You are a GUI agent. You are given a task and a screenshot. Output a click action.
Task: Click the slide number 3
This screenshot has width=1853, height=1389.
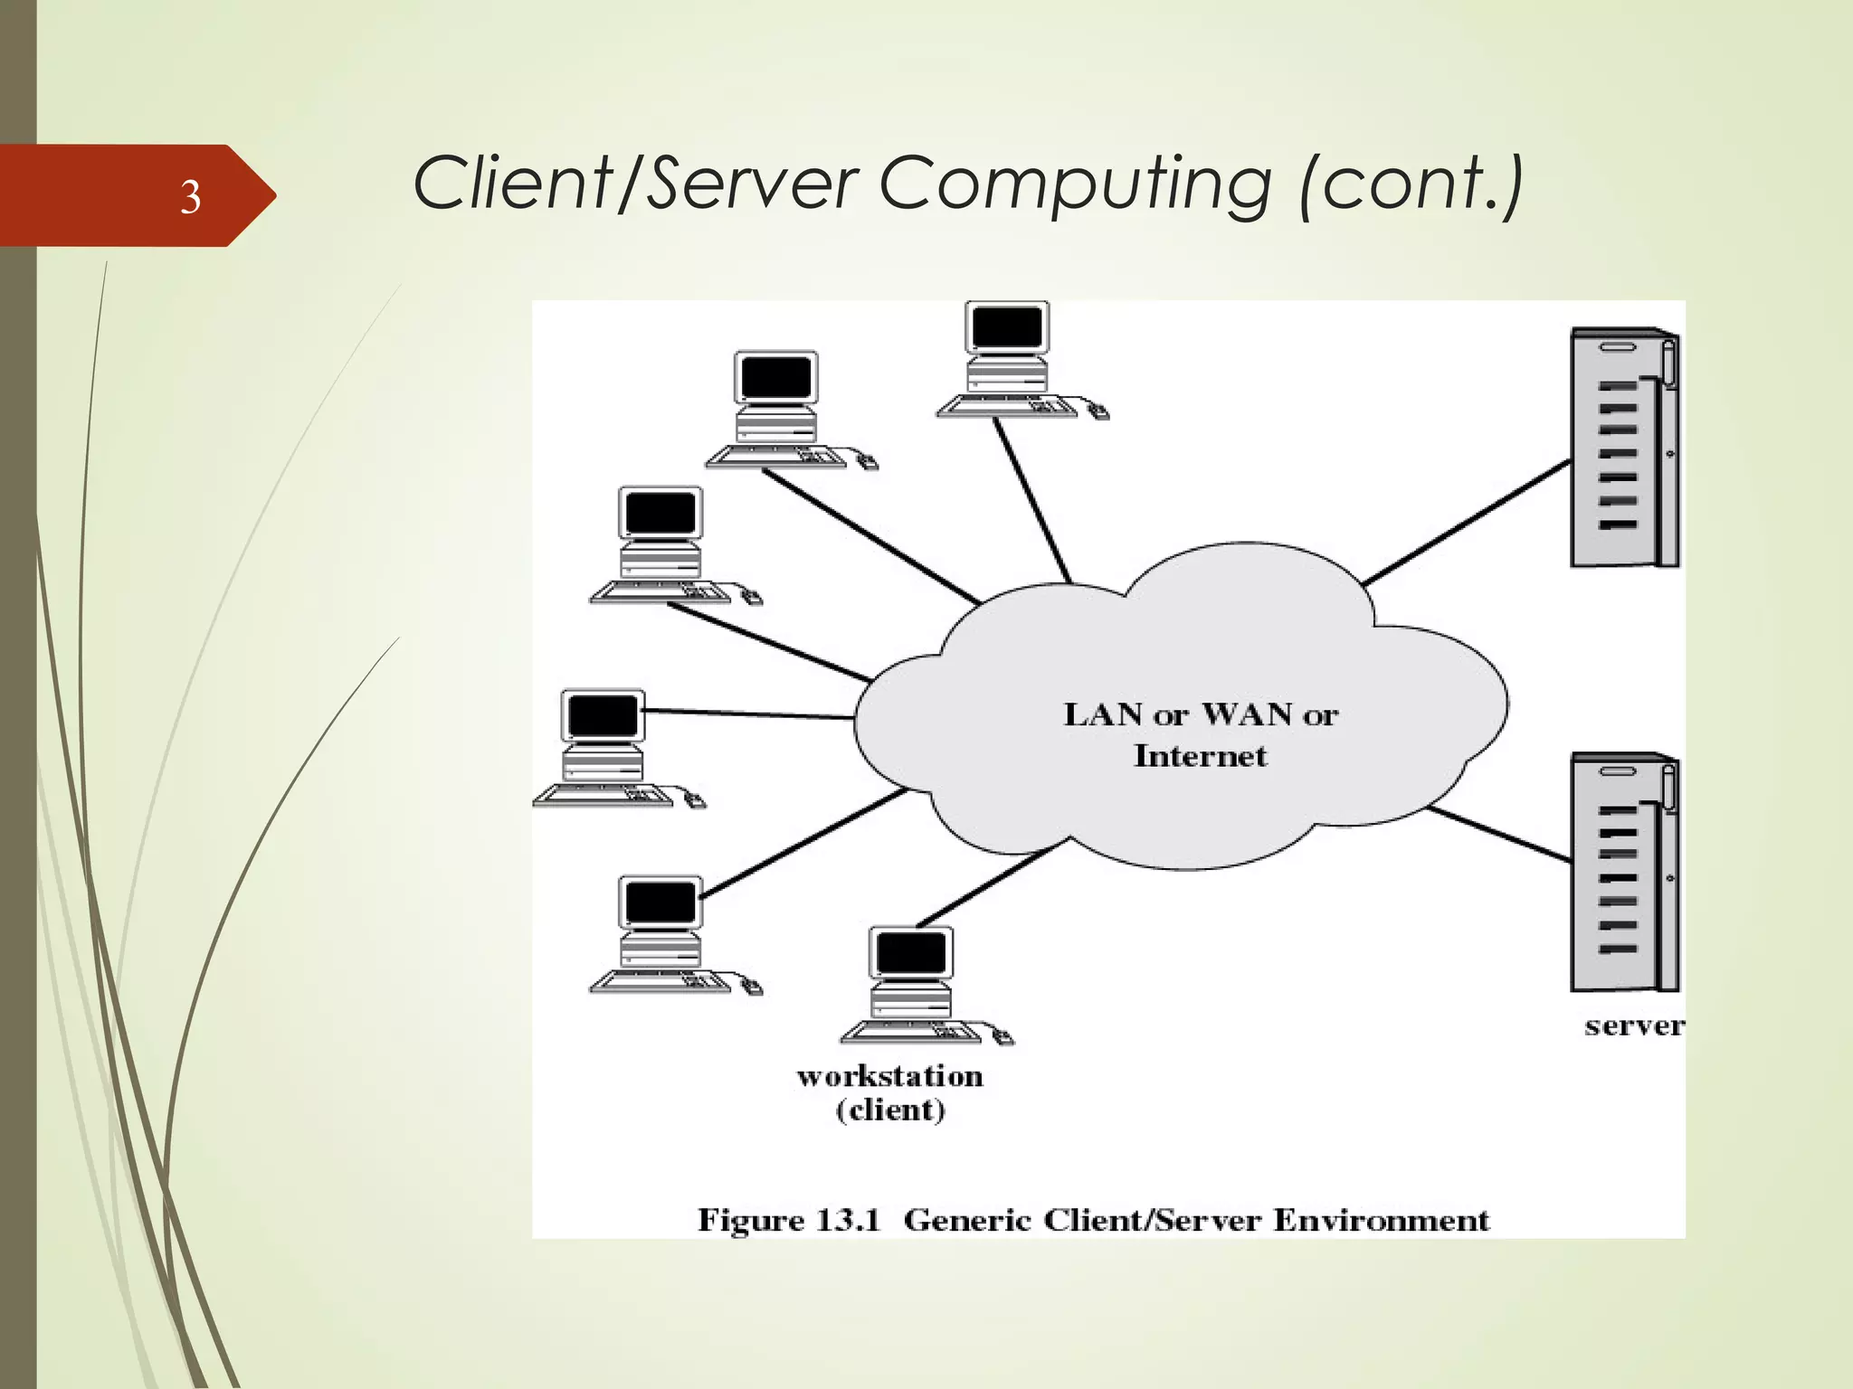pyautogui.click(x=190, y=196)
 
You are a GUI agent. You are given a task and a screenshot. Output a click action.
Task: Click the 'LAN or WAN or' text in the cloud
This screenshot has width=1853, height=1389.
pyautogui.click(x=1200, y=714)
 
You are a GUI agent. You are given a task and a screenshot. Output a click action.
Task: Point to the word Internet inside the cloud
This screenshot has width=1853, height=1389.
pyautogui.click(x=1200, y=756)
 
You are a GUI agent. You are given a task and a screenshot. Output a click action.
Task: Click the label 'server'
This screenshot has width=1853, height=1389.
pyautogui.click(x=1633, y=1026)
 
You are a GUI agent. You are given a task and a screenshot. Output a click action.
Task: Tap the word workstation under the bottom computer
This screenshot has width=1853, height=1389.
pyautogui.click(x=889, y=1076)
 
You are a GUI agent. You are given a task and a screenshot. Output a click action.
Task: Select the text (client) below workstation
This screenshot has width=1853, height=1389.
pyautogui.click(x=890, y=1110)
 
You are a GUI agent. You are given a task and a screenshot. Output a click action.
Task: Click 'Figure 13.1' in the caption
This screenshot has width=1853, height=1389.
pyautogui.click(x=788, y=1220)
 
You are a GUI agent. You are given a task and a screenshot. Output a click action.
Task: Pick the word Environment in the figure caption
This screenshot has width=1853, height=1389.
pyautogui.click(x=1381, y=1220)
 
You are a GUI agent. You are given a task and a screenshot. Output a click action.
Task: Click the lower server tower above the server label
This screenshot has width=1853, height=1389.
pyautogui.click(x=1623, y=873)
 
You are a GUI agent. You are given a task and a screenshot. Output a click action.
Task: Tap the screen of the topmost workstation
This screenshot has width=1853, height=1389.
pyautogui.click(x=1006, y=326)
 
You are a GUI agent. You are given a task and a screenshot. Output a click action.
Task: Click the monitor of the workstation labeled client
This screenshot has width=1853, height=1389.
pyautogui.click(x=910, y=952)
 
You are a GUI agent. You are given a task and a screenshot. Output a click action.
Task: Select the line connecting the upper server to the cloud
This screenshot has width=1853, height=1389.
pyautogui.click(x=1466, y=523)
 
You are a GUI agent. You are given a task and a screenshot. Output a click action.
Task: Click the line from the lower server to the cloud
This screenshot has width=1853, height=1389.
pyautogui.click(x=1497, y=834)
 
